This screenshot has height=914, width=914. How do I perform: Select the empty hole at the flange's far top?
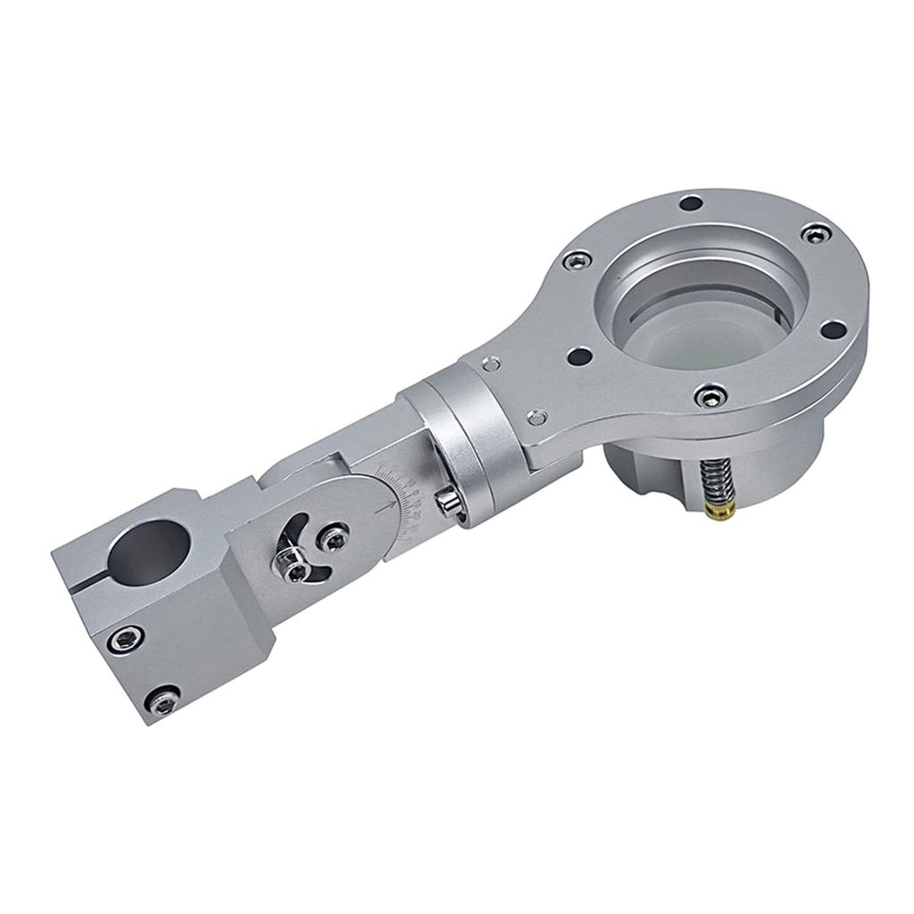[688, 204]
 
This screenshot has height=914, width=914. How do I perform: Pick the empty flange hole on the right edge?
[835, 328]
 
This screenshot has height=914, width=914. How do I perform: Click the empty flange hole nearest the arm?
[580, 355]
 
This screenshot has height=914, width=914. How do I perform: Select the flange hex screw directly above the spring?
[710, 393]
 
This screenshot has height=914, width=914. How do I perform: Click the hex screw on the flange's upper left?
[576, 258]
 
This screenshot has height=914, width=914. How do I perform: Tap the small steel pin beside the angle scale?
[447, 502]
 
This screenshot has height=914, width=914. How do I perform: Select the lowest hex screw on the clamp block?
[165, 702]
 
